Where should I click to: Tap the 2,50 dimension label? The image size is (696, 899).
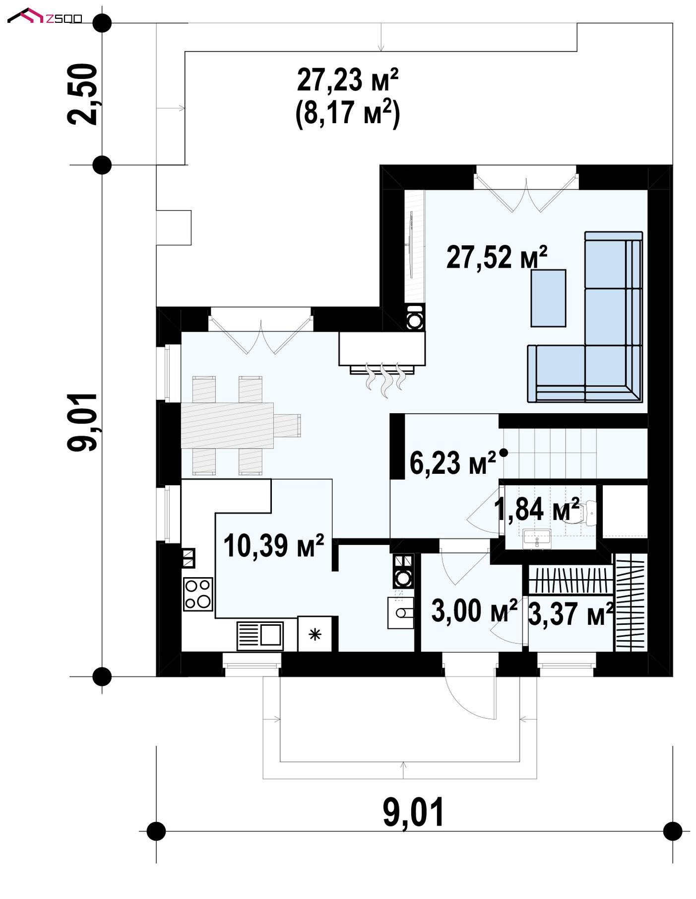coord(82,94)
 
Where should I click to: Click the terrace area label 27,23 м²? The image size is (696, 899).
coord(348,80)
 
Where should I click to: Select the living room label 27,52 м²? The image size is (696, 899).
coord(497,257)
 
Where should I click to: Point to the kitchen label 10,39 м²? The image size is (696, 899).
coord(273,545)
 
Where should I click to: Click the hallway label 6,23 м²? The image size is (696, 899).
coord(452,462)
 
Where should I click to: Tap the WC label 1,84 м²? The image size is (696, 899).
coord(537,509)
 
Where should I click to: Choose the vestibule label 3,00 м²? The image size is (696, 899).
coord(474,610)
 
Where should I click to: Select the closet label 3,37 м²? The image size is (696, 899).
coord(570,614)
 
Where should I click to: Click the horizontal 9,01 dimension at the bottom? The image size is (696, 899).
coord(413,812)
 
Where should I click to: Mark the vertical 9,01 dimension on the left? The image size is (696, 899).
coord(82,422)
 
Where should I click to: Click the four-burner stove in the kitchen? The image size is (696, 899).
coord(198,594)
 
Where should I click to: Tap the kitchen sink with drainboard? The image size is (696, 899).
coord(260,635)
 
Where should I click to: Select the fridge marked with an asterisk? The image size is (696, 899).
coord(315,634)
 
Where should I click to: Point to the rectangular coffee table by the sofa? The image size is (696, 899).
coord(548,298)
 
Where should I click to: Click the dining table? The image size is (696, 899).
coord(227,425)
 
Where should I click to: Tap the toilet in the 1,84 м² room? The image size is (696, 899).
coord(586,512)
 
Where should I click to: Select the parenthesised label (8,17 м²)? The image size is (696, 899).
coord(347,114)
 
